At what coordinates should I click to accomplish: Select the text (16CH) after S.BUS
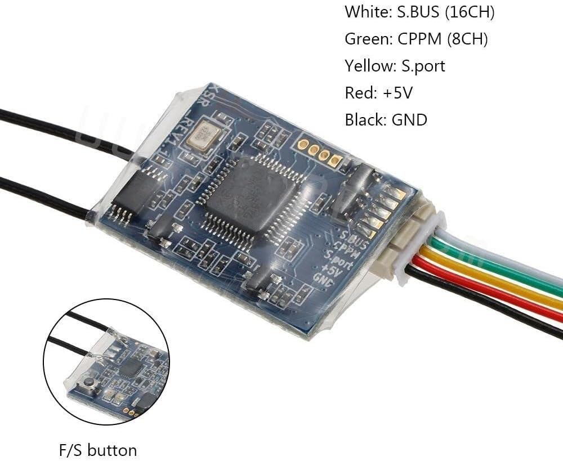coord(470,12)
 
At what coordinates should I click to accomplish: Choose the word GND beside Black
coord(408,119)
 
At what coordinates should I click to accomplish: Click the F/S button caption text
coord(97,450)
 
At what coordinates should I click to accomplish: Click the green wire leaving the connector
coord(495,267)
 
